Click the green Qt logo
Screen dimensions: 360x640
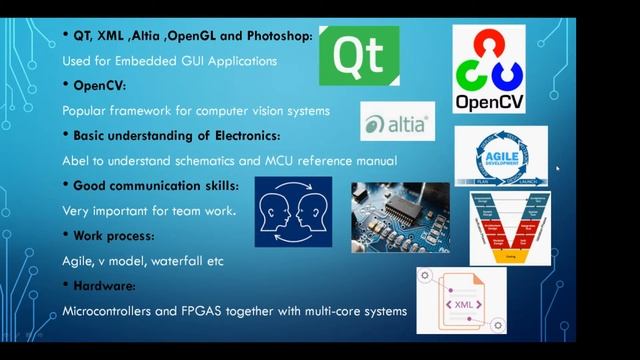click(359, 56)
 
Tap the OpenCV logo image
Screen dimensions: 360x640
click(490, 69)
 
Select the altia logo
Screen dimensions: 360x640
click(397, 125)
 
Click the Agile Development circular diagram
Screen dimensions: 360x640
click(500, 155)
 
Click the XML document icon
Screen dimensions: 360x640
click(461, 300)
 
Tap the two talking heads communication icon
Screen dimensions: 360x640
click(293, 212)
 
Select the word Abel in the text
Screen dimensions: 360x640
click(77, 160)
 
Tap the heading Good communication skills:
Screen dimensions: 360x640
click(155, 185)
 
